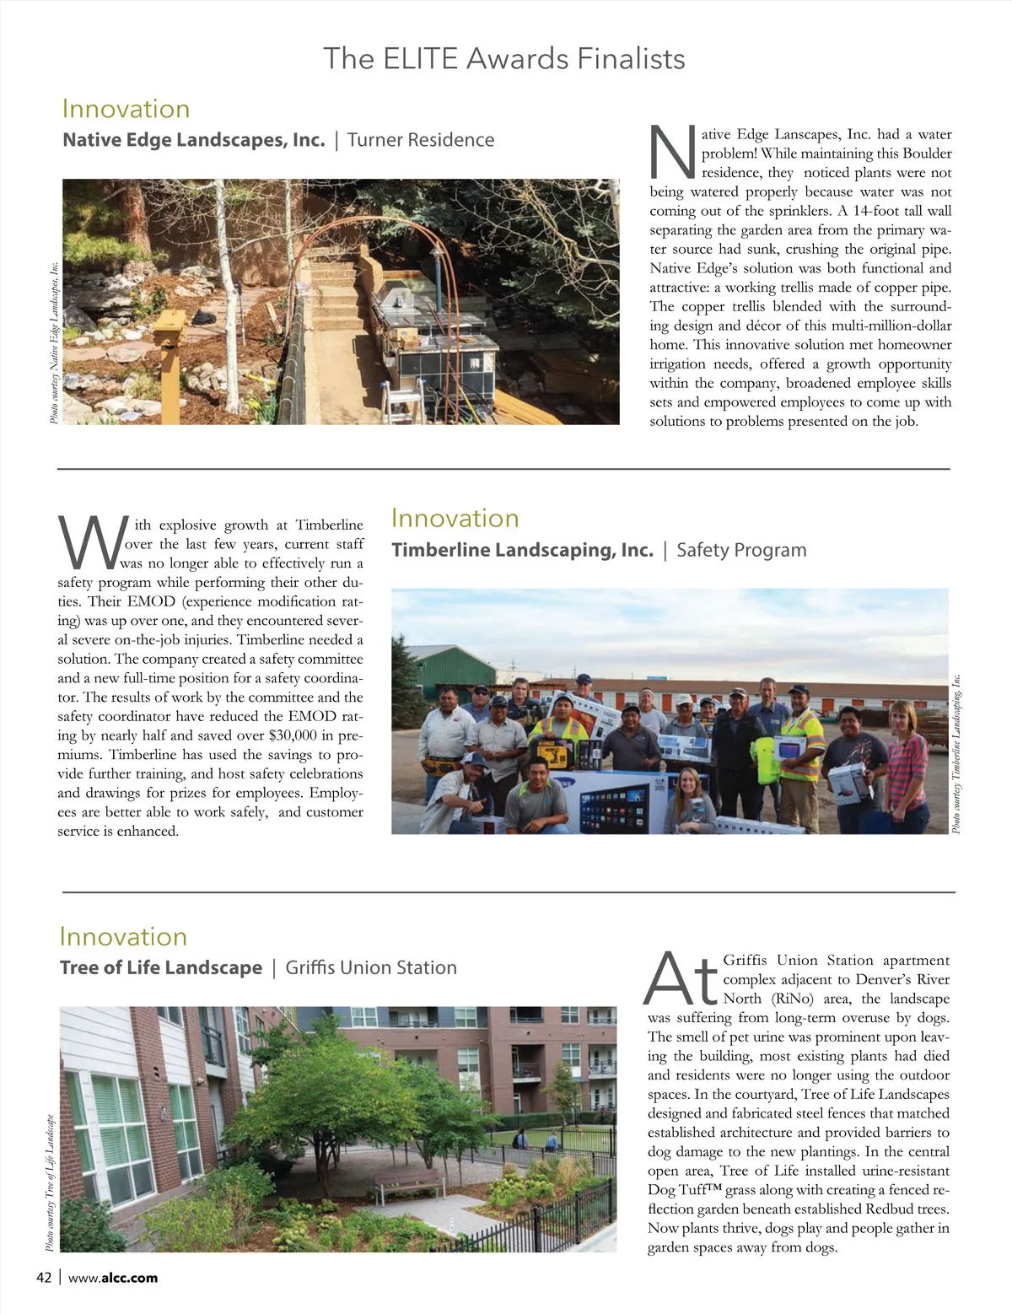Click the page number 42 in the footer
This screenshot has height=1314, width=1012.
click(x=44, y=1277)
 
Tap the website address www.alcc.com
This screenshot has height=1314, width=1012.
click(x=113, y=1277)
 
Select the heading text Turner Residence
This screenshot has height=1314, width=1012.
click(x=421, y=140)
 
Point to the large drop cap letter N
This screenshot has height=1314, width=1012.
click(x=673, y=153)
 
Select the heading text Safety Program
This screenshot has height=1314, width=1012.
click(x=741, y=550)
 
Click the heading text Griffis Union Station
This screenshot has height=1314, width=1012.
click(x=371, y=967)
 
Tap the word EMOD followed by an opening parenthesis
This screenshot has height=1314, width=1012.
click(x=152, y=601)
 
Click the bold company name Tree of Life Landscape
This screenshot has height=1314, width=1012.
click(x=161, y=967)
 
